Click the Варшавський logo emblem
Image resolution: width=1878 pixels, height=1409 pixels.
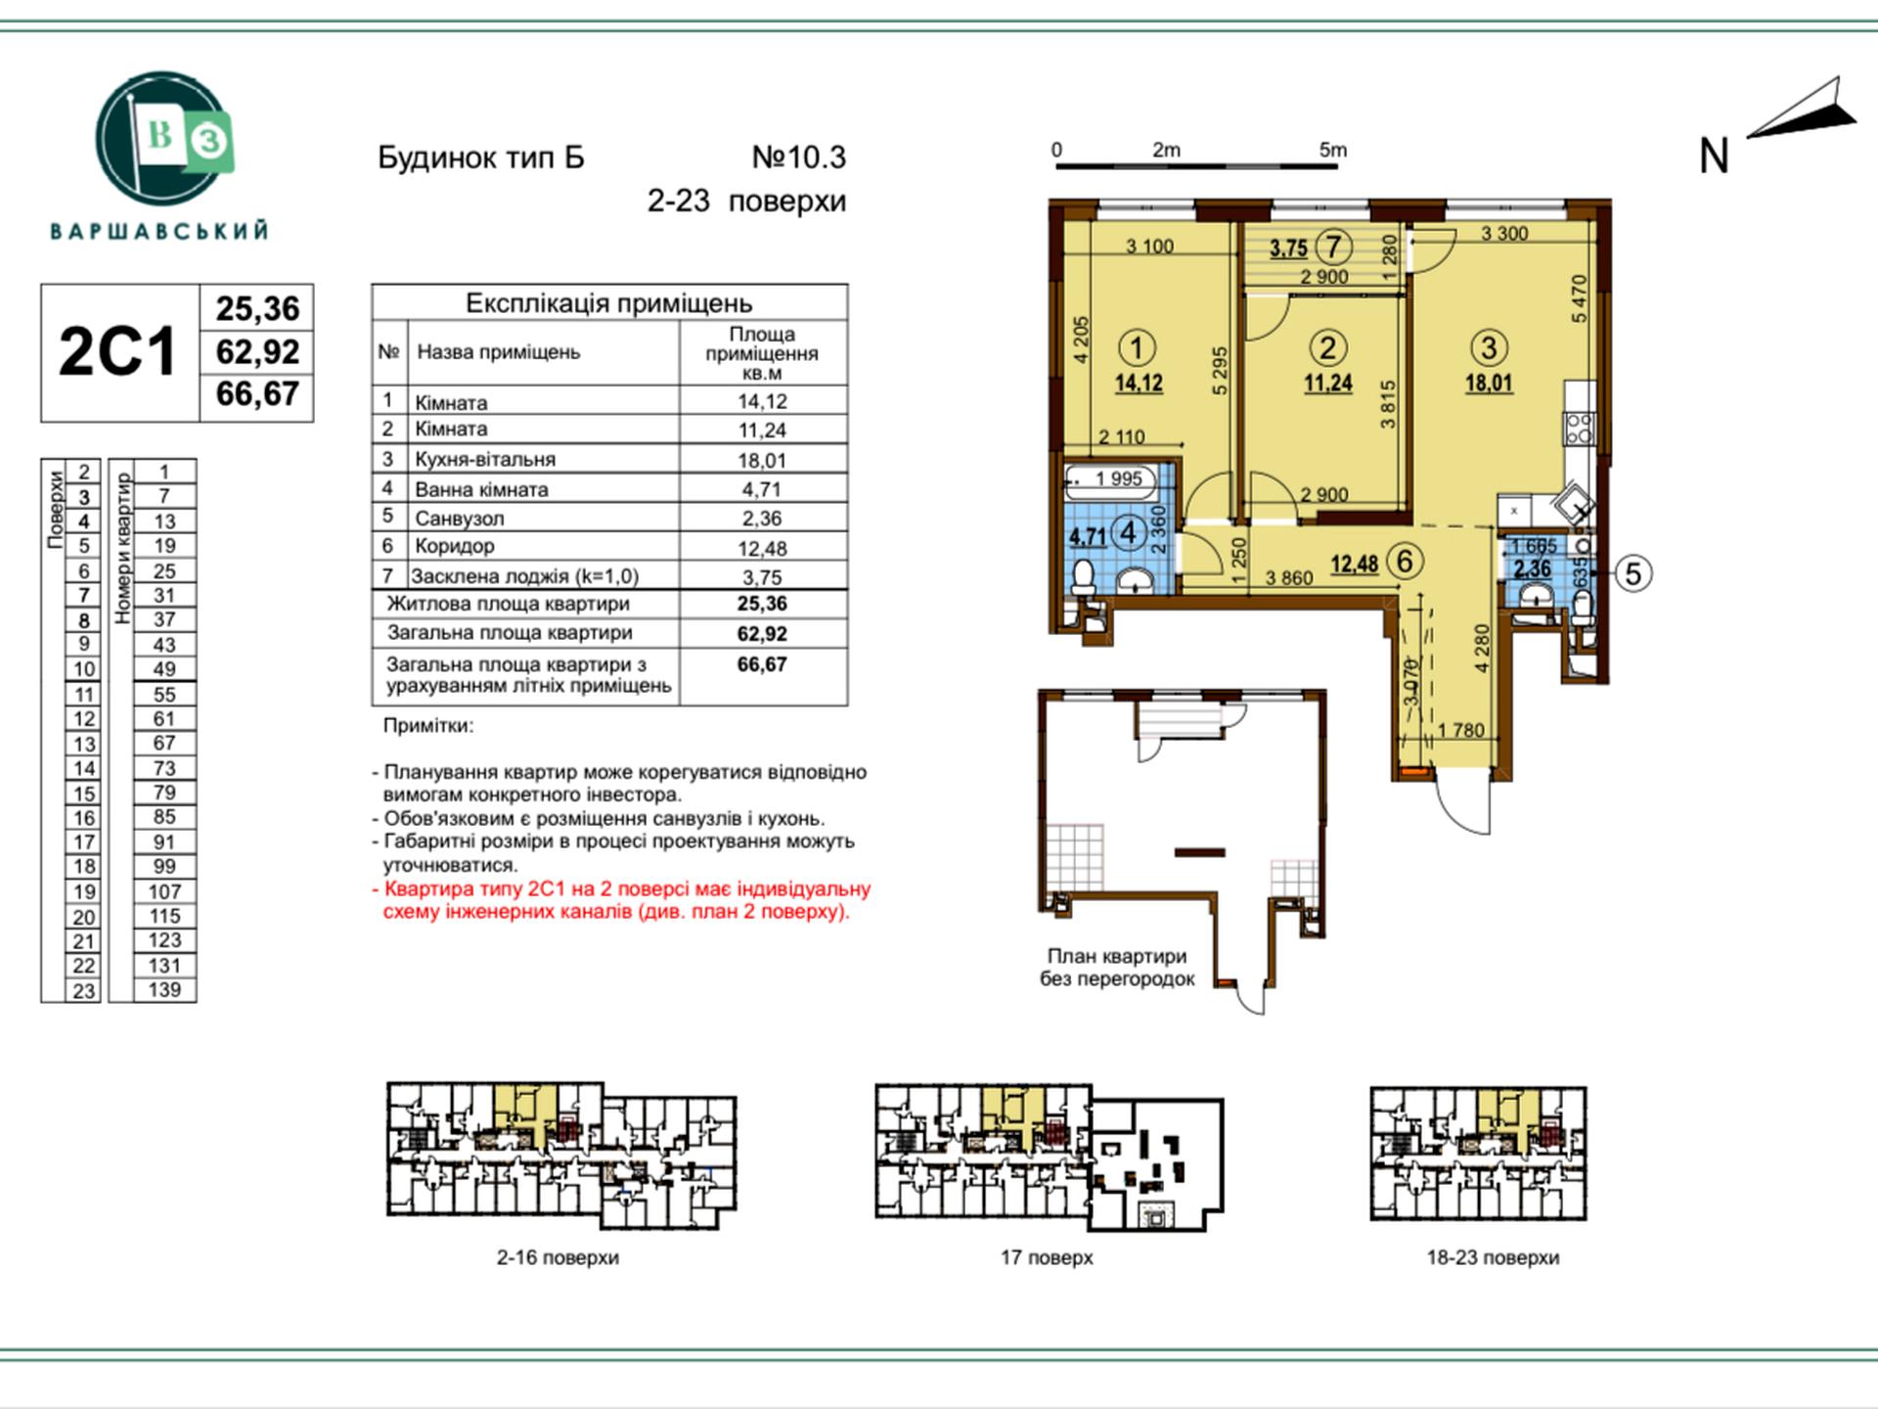[163, 138]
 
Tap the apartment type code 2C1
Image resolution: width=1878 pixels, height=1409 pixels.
[117, 352]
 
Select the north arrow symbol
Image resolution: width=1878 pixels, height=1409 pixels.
[1802, 110]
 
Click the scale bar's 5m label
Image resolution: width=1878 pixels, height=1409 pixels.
[1333, 150]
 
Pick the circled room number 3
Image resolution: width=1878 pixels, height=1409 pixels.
[1489, 347]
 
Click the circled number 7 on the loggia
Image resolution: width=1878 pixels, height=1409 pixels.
[1333, 247]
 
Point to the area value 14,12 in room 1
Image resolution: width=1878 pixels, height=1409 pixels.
[1139, 383]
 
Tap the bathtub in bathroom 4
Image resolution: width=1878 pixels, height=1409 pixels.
[1110, 479]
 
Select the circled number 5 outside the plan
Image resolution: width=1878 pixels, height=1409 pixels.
[1632, 572]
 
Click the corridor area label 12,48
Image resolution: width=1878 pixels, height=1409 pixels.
[1355, 564]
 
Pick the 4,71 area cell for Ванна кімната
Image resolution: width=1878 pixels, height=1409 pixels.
[762, 489]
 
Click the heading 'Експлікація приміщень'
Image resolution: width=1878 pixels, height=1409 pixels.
[608, 303]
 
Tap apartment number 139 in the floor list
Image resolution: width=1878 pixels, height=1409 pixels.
[164, 989]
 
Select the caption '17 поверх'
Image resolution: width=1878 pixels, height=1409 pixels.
[1047, 1257]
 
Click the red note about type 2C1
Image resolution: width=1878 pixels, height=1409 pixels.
[622, 901]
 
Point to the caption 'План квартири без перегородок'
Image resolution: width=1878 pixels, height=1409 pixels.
[1117, 968]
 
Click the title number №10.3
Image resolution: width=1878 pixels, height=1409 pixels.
[798, 157]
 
